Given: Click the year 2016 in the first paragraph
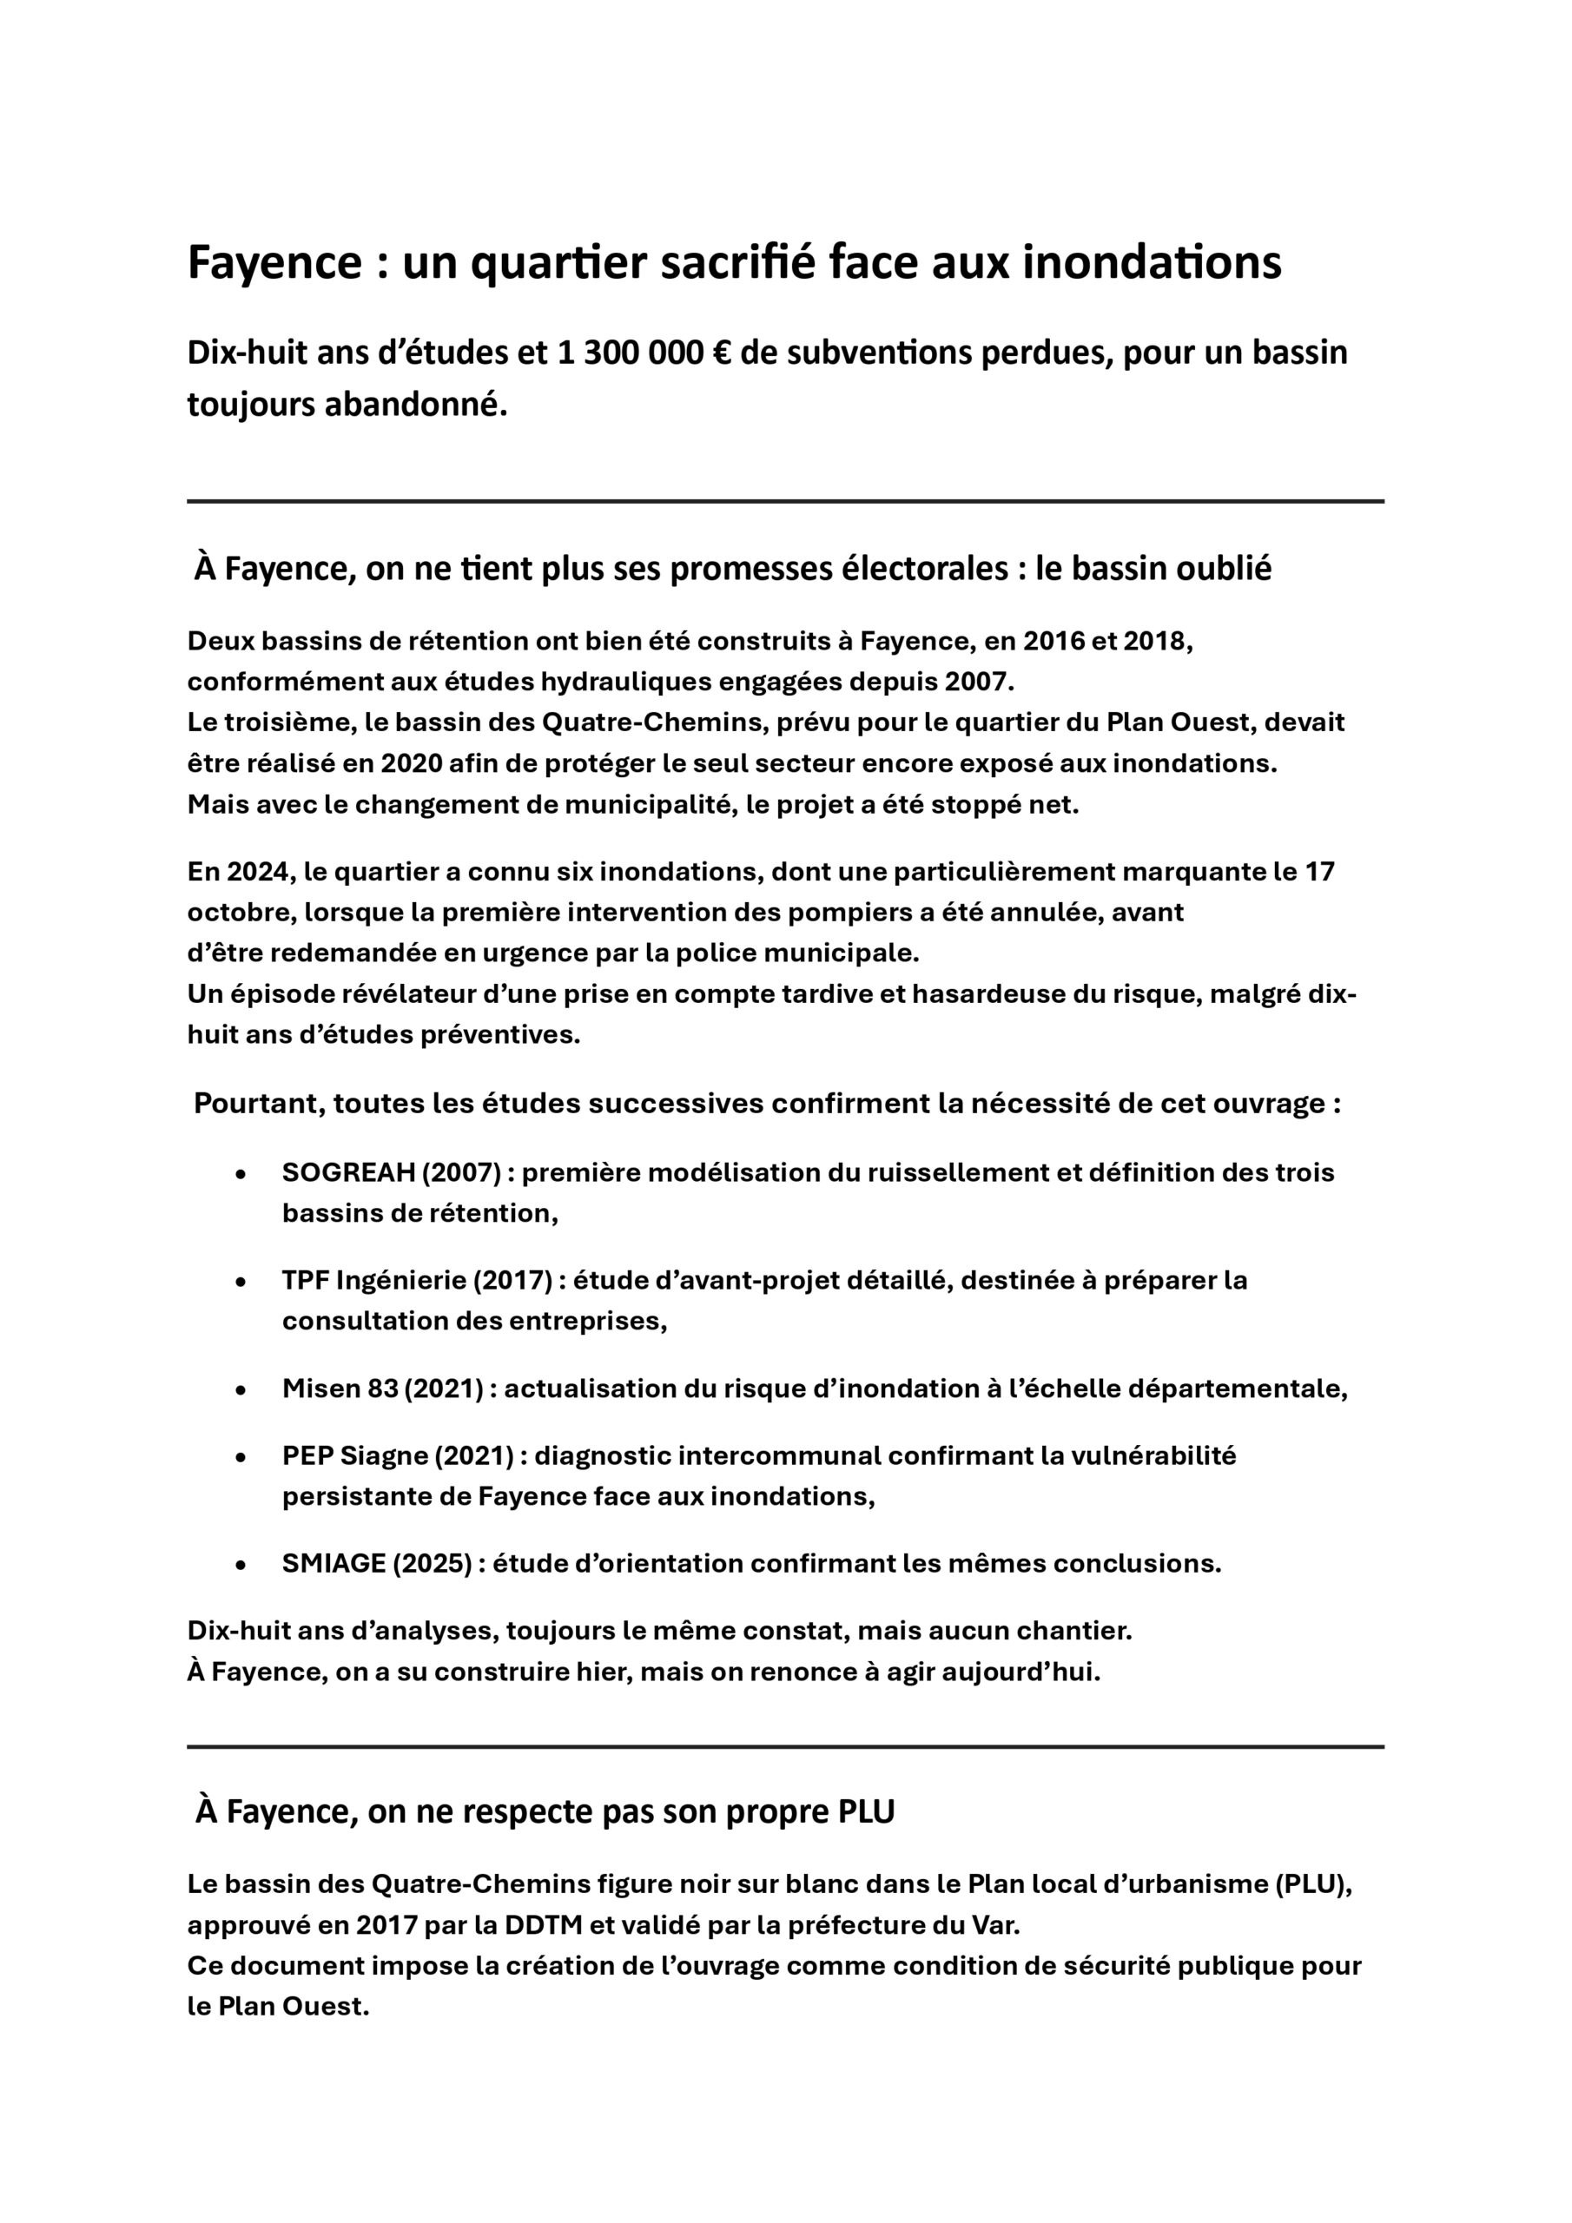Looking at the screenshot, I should (x=1054, y=641).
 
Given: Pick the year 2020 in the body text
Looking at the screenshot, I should (x=412, y=763).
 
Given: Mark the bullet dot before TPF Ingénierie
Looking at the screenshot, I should (x=241, y=1281).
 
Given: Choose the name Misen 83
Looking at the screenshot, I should (x=340, y=1389).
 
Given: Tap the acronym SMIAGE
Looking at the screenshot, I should (x=334, y=1564).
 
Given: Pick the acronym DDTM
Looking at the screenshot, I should (x=544, y=1925).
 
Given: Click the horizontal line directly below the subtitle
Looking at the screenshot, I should (x=784, y=502).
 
